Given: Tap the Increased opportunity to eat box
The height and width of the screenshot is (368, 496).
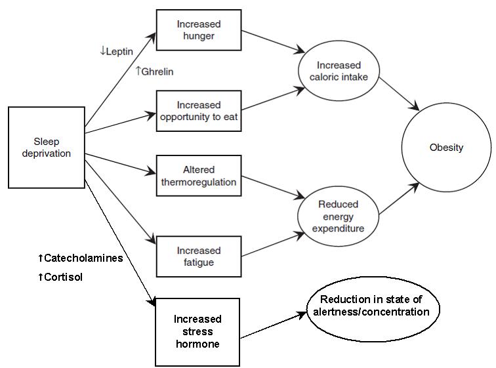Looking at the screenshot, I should click(198, 112).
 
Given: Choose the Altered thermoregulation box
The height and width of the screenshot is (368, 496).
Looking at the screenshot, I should click(198, 176).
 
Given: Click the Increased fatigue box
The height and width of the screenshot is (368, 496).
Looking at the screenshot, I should click(198, 256).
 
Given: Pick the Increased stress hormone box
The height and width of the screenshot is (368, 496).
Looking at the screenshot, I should click(197, 332).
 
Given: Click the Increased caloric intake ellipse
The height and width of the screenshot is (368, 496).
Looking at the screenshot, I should click(338, 72).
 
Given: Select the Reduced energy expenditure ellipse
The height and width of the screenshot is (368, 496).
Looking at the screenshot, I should click(338, 216).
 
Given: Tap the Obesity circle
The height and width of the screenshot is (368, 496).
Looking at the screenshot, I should click(446, 148).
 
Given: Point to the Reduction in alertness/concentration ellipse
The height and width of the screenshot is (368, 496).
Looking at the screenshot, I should click(373, 306).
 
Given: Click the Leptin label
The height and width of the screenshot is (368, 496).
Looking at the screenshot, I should click(118, 51).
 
